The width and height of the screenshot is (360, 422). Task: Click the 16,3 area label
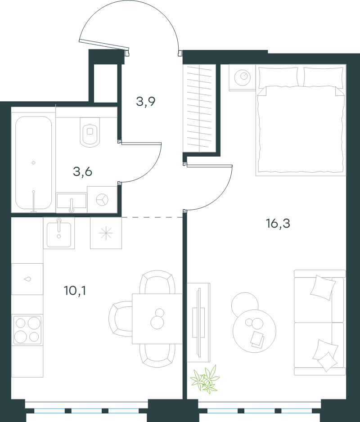click(278, 224)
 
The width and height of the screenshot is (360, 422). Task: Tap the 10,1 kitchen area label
click(75, 291)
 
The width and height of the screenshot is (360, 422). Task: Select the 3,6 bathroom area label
click(82, 171)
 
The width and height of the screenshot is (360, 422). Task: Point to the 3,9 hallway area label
click(145, 102)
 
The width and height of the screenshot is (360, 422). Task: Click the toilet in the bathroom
click(90, 132)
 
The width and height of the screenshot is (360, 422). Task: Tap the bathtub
click(33, 163)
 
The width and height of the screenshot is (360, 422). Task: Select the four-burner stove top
click(27, 330)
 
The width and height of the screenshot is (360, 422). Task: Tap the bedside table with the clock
click(242, 77)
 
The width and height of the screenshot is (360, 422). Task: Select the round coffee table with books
click(254, 331)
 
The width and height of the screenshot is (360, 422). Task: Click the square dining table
click(157, 319)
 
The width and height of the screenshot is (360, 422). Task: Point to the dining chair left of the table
click(120, 319)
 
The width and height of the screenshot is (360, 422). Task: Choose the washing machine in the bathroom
click(102, 200)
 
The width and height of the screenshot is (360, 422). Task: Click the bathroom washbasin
click(72, 202)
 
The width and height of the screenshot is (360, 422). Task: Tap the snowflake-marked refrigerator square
click(106, 233)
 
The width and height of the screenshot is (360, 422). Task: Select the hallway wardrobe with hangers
click(199, 108)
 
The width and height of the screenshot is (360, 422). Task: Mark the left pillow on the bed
click(279, 77)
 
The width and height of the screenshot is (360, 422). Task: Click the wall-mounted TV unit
click(199, 323)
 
